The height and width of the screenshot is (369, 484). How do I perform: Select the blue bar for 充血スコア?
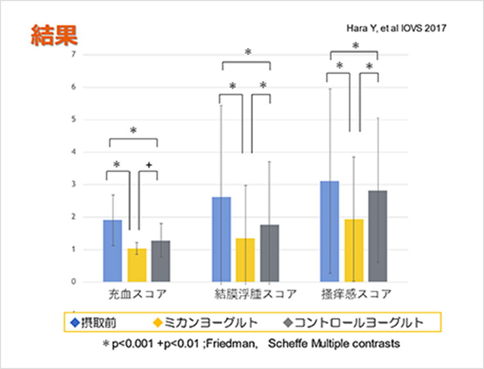pyautogui.click(x=113, y=251)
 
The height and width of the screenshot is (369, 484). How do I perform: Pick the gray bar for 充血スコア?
pyautogui.click(x=160, y=261)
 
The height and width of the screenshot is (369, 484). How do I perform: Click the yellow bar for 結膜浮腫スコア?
pyautogui.click(x=245, y=260)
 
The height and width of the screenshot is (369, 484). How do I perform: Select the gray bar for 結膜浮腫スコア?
pyautogui.click(x=269, y=253)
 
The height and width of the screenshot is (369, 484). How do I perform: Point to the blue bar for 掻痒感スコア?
pyautogui.click(x=329, y=231)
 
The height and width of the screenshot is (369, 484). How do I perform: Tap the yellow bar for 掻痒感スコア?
pyautogui.click(x=354, y=250)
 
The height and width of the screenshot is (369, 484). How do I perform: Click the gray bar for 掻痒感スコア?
pyautogui.click(x=378, y=236)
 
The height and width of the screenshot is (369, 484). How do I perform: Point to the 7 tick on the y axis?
pyautogui.click(x=74, y=55)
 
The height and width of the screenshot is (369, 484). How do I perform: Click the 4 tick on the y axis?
pyautogui.click(x=74, y=152)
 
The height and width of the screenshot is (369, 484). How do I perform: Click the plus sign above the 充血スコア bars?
pyautogui.click(x=149, y=165)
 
